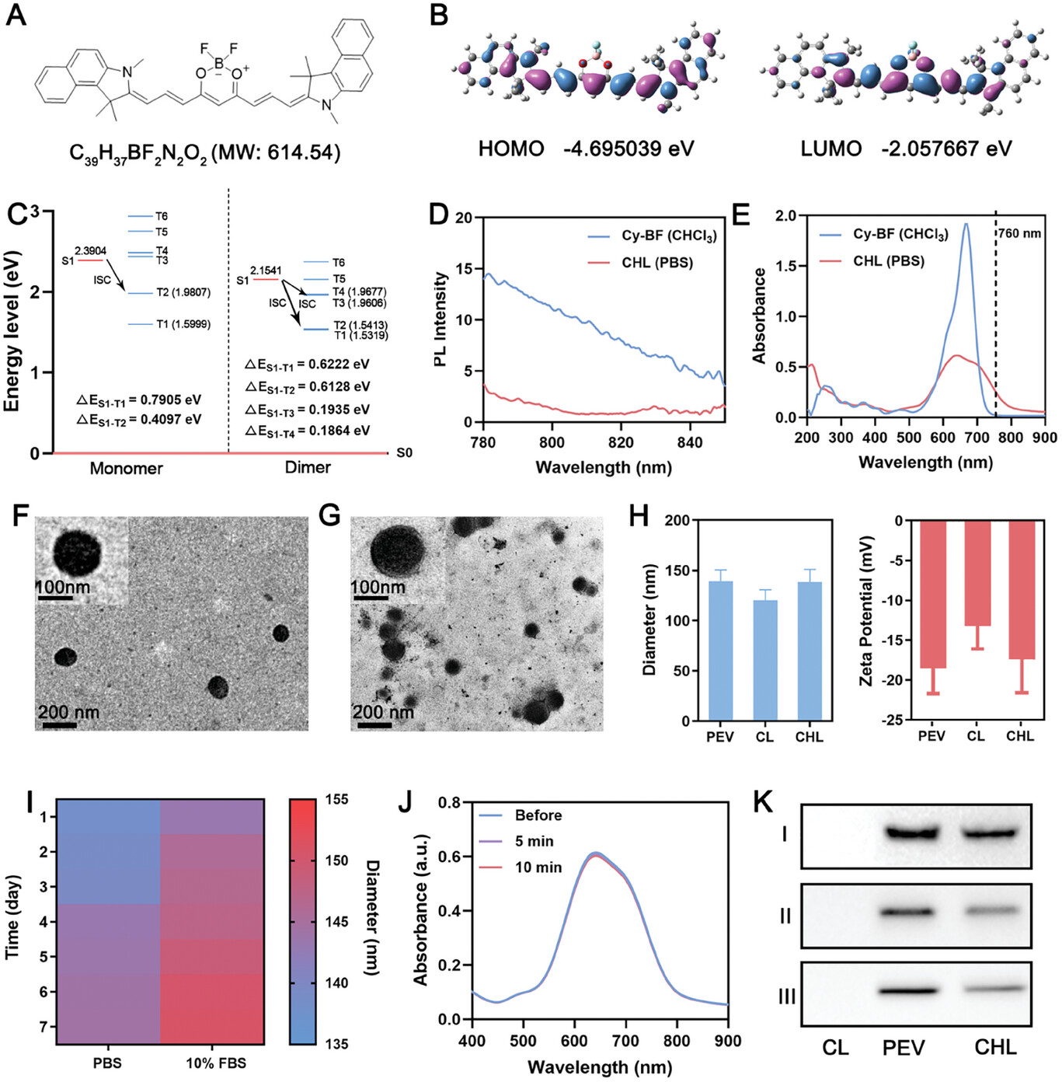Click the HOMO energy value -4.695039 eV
coord(628,148)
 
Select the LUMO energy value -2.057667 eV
coord(946,148)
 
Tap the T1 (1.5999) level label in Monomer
coord(183,324)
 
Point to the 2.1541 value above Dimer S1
coord(266,270)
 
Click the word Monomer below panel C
coord(126,468)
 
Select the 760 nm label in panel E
coord(1019,233)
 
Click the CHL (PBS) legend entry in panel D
coord(656,263)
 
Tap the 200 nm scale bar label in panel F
coord(68,711)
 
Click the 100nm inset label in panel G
coord(378,587)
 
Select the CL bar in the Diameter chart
coord(765,660)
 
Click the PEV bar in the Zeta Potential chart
coord(932,595)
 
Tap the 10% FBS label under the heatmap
coord(215,1063)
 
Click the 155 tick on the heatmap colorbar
coord(336,800)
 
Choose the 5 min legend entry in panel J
coord(534,842)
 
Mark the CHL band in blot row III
coord(995,989)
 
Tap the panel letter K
coord(764,801)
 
